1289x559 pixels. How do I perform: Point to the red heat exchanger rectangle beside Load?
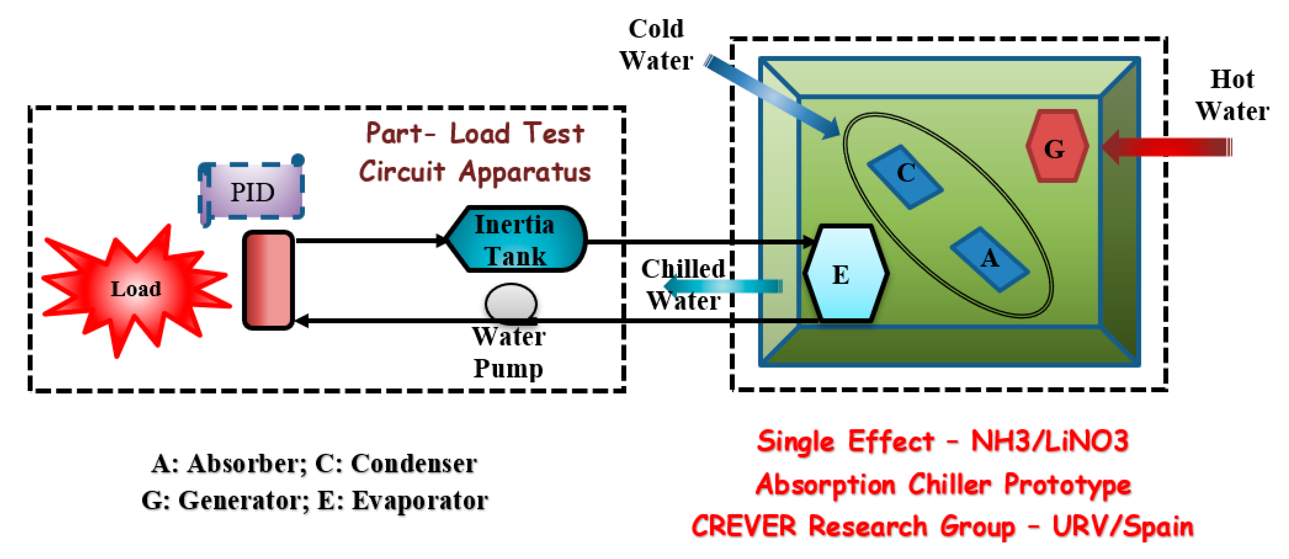tap(268, 280)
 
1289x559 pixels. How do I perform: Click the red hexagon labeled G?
tap(1056, 147)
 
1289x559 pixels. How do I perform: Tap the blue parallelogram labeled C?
tap(905, 175)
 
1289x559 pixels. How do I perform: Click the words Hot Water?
tap(1231, 95)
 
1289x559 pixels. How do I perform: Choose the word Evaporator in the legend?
tap(419, 500)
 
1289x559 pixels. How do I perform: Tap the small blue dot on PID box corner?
tap(298, 160)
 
